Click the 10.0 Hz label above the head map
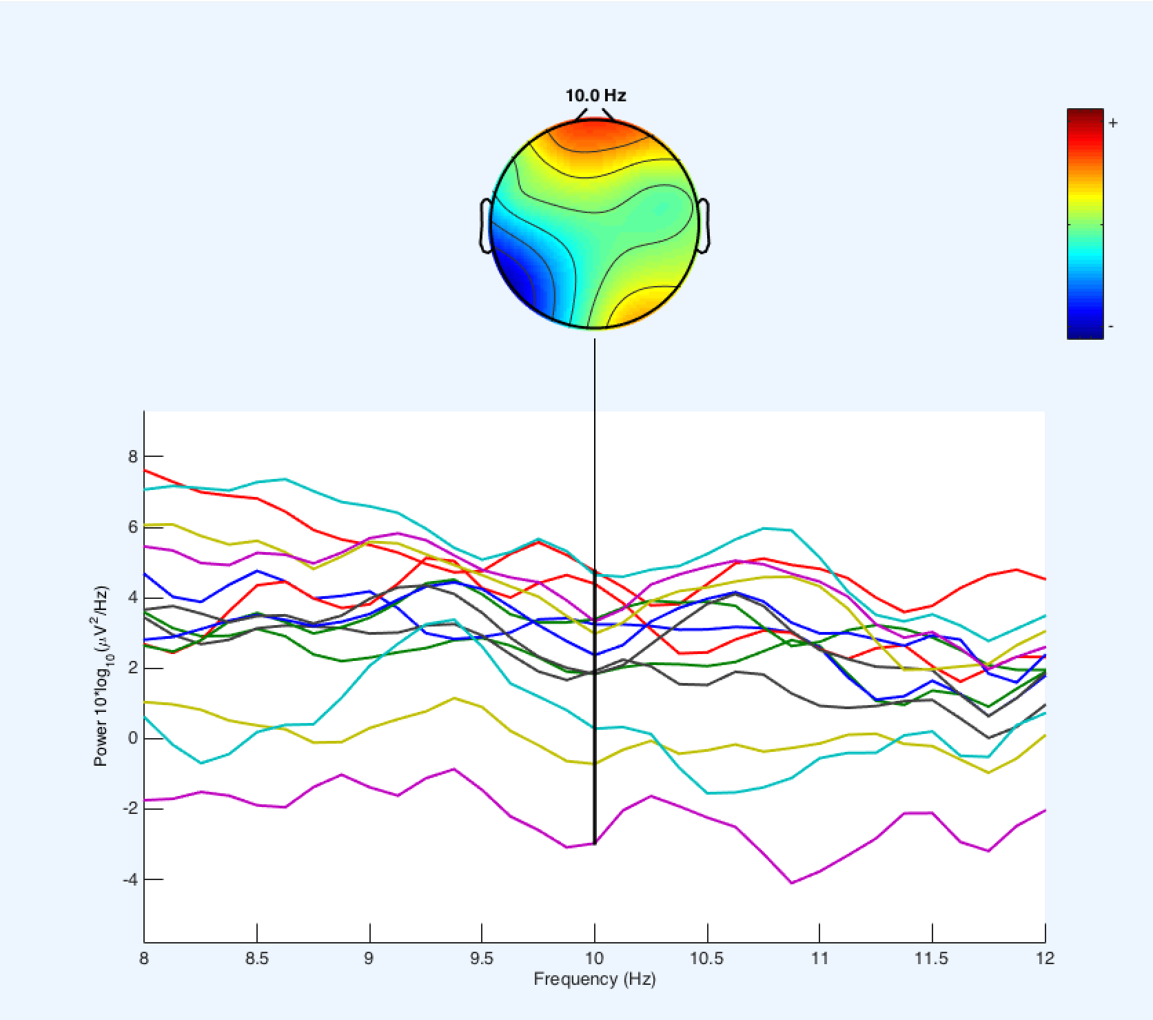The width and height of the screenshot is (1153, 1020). tap(595, 96)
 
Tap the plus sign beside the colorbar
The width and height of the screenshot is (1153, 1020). tap(1113, 123)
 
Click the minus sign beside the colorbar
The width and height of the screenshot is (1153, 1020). tap(1111, 326)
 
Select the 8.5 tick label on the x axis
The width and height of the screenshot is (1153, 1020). tap(256, 959)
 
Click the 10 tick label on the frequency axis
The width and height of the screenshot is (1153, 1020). tap(594, 959)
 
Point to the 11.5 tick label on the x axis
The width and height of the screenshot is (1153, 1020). tap(932, 959)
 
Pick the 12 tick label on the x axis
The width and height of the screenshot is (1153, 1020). tap(1045, 959)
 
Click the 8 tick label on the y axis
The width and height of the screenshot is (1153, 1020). tap(132, 456)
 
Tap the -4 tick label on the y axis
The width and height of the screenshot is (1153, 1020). tap(130, 879)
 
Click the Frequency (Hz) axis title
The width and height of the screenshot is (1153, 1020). tap(594, 979)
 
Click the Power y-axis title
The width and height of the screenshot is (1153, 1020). tap(101, 676)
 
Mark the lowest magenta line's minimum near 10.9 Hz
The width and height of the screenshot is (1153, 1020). tap(792, 883)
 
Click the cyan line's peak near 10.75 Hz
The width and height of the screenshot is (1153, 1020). tap(764, 529)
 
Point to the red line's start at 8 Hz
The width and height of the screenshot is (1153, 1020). tap(145, 470)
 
